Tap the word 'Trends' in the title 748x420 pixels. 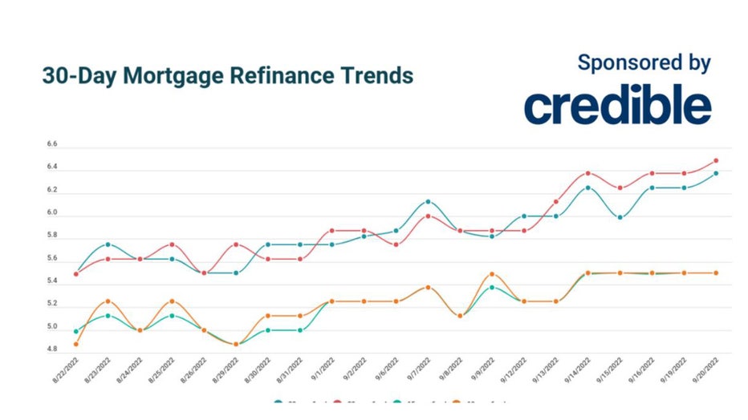pos(377,75)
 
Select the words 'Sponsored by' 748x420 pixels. pos(644,63)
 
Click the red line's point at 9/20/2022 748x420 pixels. pos(716,161)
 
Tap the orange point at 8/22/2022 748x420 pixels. pos(76,345)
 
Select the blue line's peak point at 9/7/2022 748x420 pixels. pos(429,202)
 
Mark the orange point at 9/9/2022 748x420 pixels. pos(492,274)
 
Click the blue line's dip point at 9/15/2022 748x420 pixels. pos(620,217)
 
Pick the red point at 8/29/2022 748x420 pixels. pos(236,244)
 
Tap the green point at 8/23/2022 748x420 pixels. pos(108,316)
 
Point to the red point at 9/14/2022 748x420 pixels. pos(588,173)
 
